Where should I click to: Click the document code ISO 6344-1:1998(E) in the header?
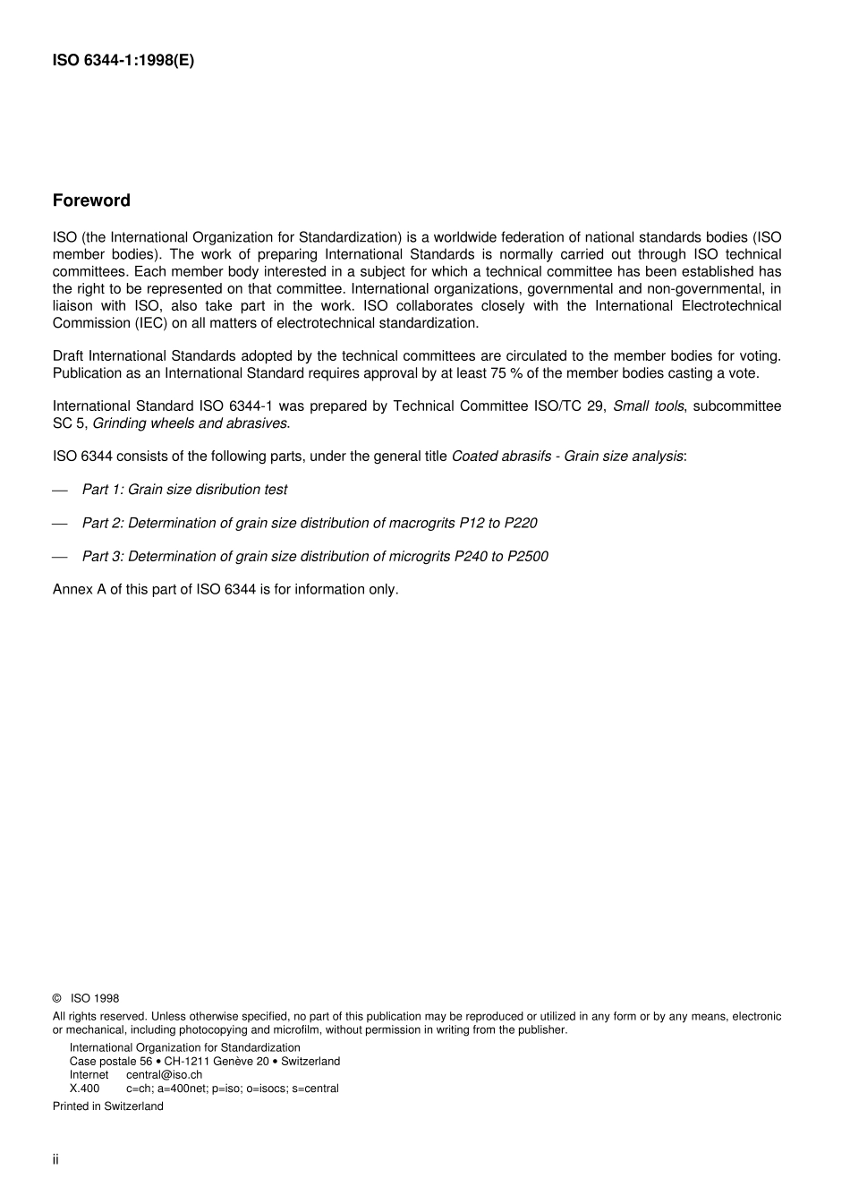coord(123,61)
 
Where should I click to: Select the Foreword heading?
coord(91,201)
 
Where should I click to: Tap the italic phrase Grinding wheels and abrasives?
coord(190,423)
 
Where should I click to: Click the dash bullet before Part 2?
coord(60,524)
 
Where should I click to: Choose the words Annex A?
coord(79,590)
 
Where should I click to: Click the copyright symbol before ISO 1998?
coord(57,999)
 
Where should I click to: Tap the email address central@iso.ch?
coord(164,1075)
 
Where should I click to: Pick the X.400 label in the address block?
coord(85,1089)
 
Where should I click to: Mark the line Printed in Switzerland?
coord(108,1106)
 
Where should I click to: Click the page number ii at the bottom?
coord(55,1160)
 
